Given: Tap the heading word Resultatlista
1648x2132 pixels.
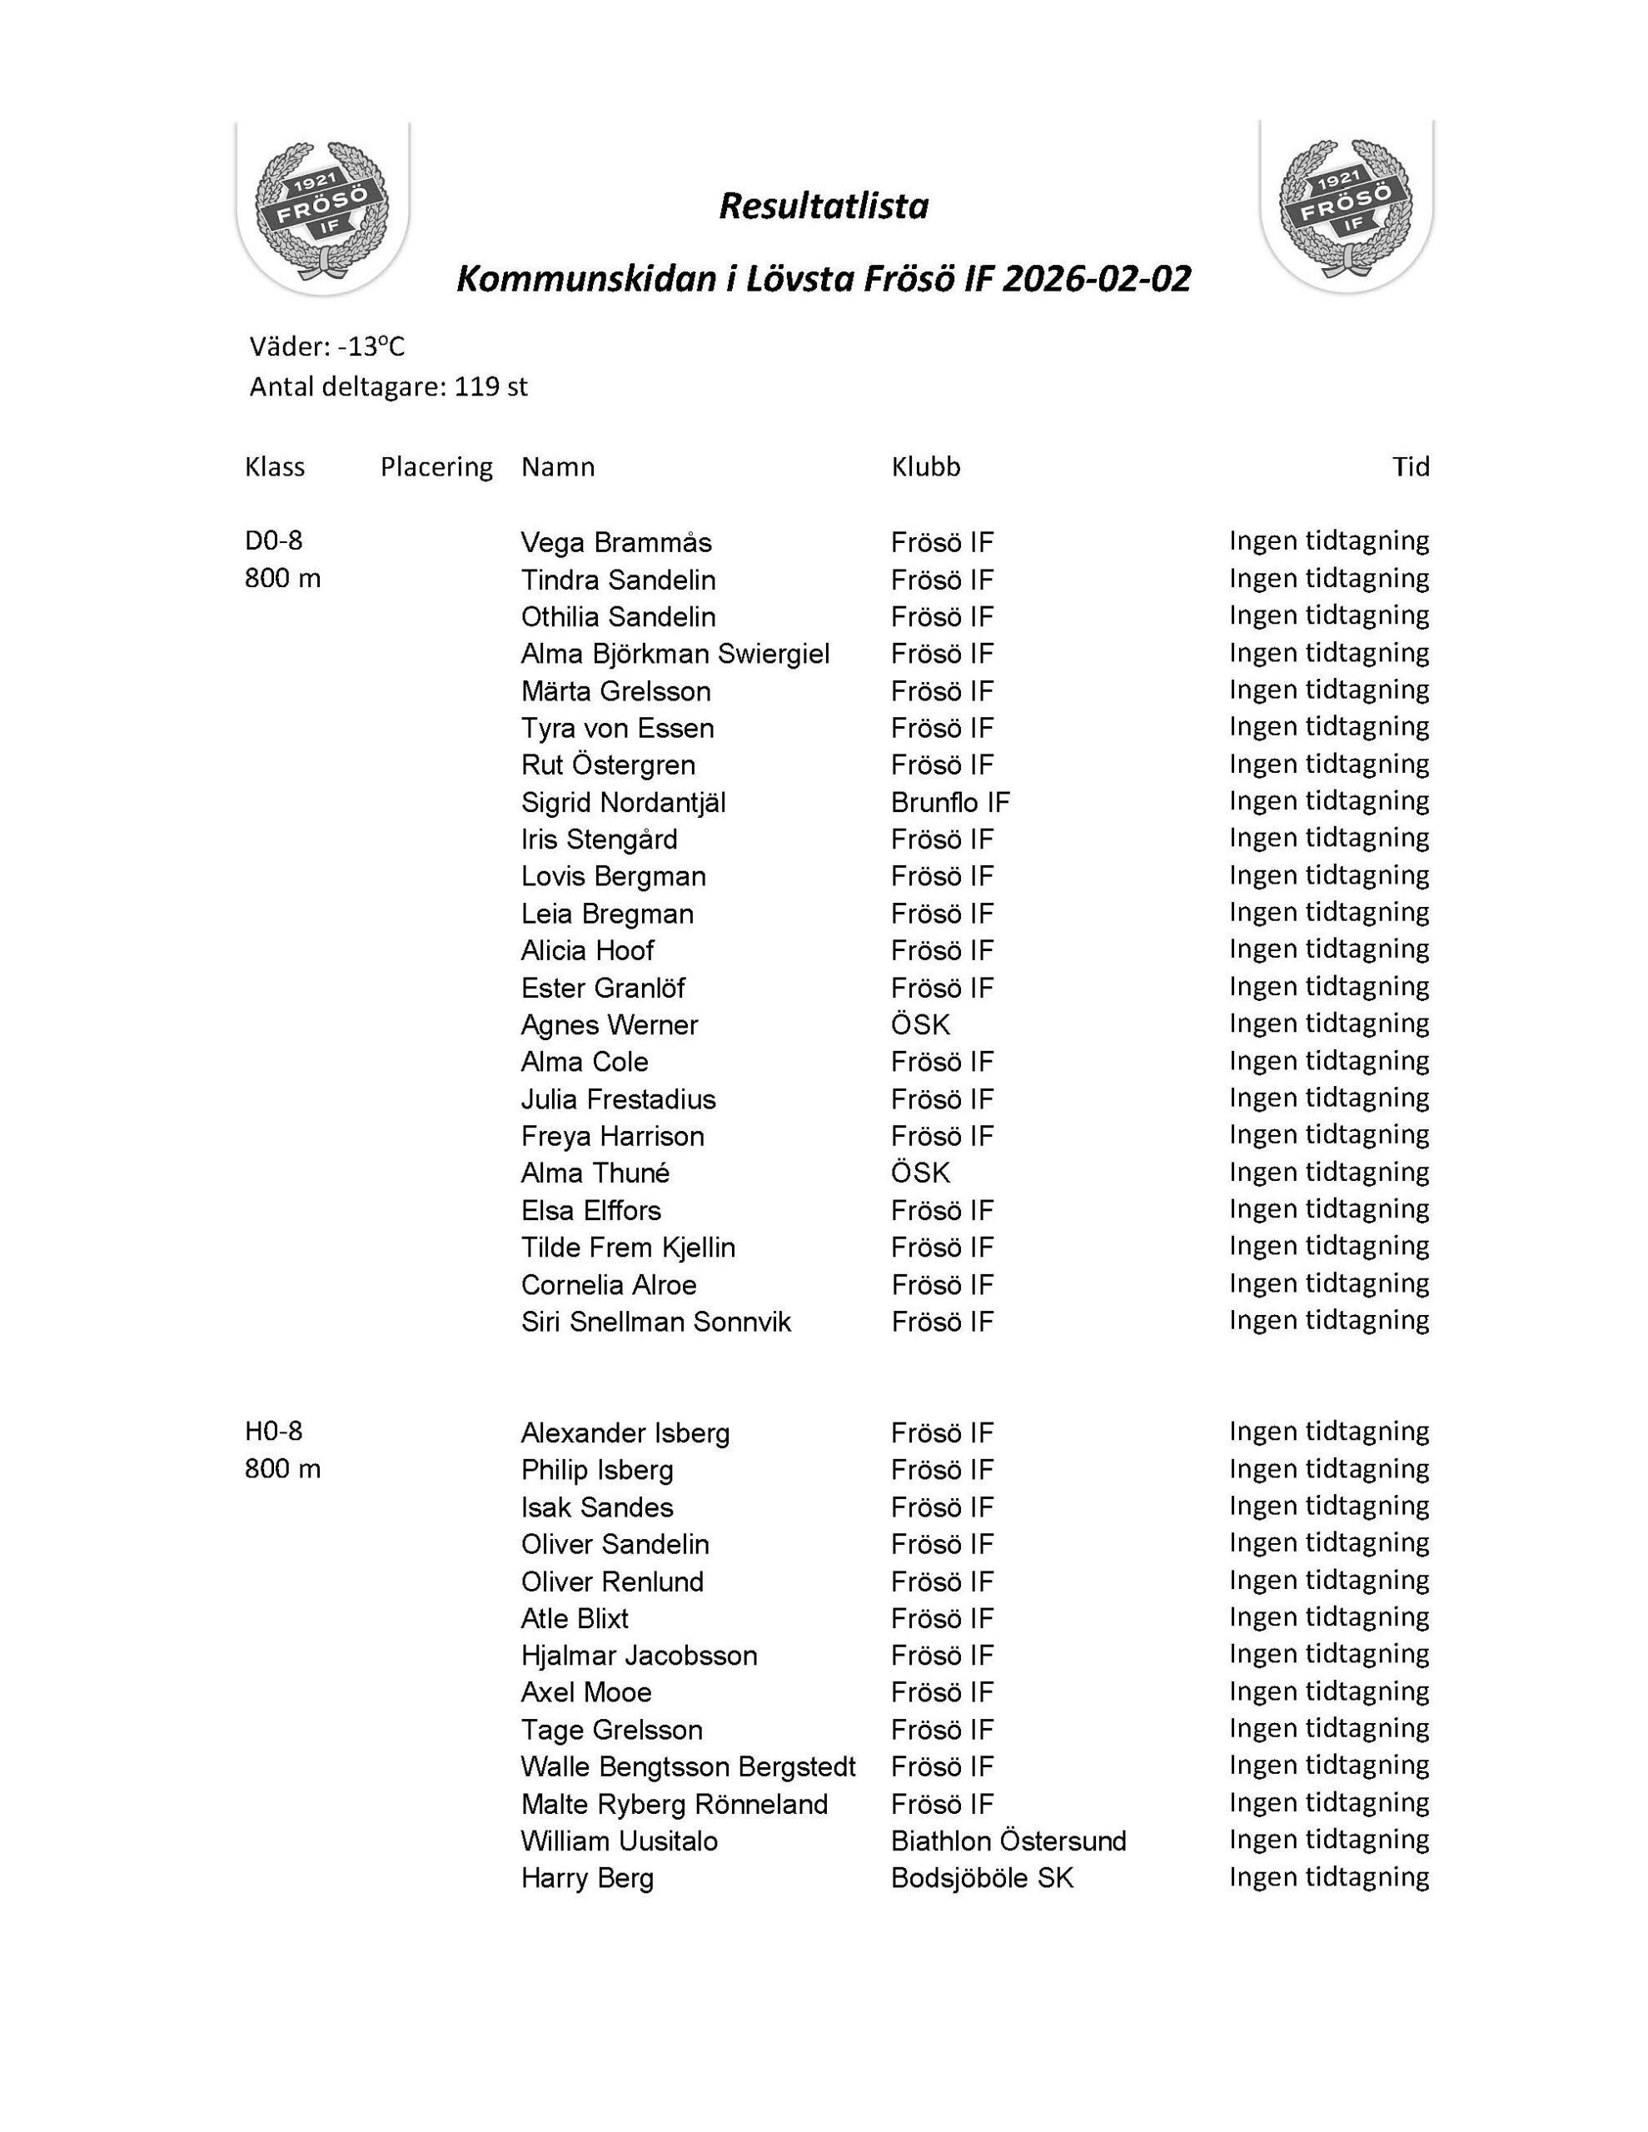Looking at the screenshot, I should [823, 206].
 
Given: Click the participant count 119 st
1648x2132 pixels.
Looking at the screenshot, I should [490, 387].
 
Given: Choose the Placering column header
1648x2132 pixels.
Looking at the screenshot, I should [436, 466].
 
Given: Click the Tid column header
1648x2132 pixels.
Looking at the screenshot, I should [1410, 466].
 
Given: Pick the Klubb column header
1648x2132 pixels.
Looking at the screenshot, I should [924, 466].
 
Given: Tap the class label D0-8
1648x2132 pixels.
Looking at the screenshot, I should [273, 540].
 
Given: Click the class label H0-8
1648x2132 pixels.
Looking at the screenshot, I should [273, 1431].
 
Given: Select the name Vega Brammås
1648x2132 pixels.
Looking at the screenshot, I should [616, 543].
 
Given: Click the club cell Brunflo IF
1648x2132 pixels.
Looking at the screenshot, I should [950, 803].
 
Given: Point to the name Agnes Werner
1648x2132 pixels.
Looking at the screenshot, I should [610, 1025].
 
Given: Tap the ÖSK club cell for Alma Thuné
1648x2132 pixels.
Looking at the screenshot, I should [919, 1173].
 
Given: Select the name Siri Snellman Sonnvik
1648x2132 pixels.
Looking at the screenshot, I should [655, 1322].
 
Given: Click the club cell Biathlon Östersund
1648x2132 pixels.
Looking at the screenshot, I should [1008, 1841].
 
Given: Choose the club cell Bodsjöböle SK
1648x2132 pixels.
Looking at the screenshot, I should [981, 1878].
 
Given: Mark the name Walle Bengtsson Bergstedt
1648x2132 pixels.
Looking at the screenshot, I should [687, 1767].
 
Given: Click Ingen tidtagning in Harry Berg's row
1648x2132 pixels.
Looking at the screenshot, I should [1327, 1877].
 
